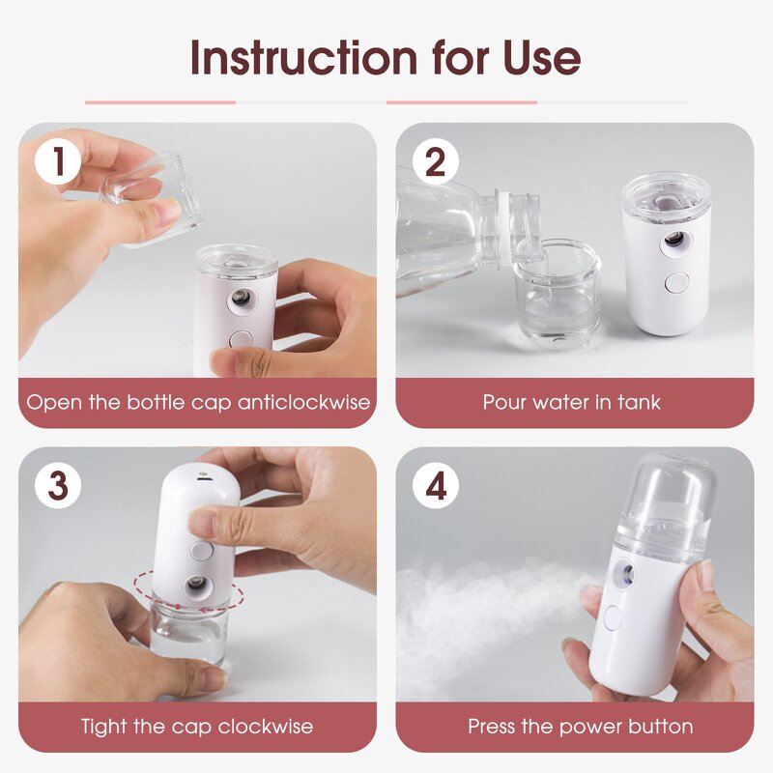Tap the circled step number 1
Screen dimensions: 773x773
coord(58,162)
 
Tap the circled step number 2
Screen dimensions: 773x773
coord(436,162)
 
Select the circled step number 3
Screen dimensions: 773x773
coord(58,486)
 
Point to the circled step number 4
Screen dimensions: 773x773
coord(436,486)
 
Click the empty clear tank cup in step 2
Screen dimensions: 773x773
coord(558,295)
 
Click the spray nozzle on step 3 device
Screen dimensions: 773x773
coord(195,587)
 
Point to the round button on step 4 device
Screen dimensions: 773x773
coord(614,617)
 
